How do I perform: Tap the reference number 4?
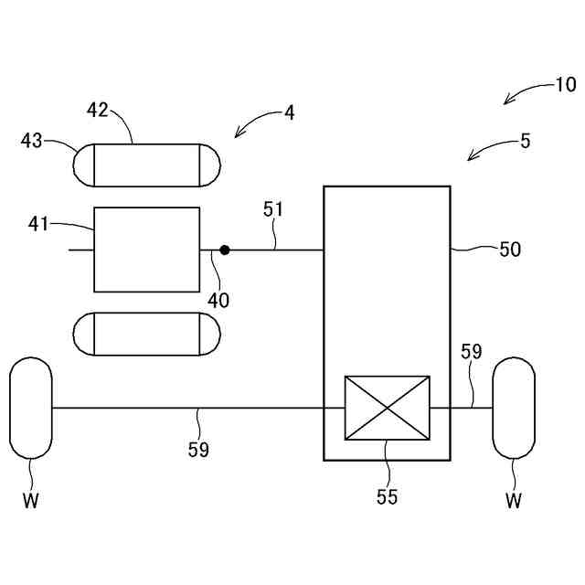289,113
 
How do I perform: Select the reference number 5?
525,141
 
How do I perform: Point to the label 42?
98,111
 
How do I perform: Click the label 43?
32,140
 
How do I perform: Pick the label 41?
38,222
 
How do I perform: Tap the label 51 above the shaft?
273,209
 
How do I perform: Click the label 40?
218,299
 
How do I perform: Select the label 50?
509,249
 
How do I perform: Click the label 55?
388,497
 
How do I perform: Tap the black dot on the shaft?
224,249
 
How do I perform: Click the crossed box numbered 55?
386,408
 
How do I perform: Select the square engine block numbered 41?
146,250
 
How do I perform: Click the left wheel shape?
31,408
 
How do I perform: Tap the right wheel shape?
513,408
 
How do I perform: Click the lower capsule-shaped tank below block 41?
146,335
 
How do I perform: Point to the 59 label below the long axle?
198,449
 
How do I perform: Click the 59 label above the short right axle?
471,352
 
